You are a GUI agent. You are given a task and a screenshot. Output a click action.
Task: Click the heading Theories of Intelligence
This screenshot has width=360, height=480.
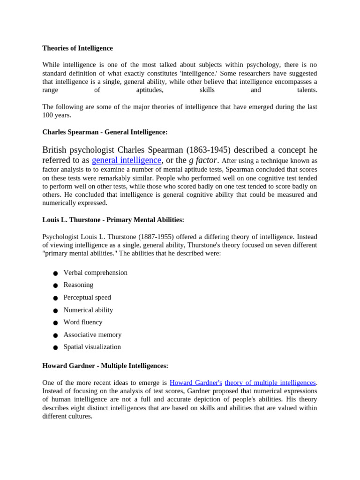pos(77,48)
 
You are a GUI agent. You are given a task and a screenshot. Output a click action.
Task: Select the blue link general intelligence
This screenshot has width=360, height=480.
pos(127,160)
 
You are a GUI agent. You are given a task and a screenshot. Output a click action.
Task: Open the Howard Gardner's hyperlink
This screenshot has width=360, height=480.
pos(195,382)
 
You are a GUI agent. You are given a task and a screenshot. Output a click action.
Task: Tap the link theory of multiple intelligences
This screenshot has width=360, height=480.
pos(270,382)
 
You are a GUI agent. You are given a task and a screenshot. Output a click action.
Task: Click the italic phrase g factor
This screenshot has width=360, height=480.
pos(203,160)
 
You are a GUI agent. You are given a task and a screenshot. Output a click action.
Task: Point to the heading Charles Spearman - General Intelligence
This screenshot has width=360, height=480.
pos(105,132)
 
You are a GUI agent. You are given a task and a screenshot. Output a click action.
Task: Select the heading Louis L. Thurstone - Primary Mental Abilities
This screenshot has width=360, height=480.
pos(113,219)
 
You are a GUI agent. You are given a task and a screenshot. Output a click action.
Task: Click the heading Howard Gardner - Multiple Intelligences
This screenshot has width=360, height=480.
pos(105,366)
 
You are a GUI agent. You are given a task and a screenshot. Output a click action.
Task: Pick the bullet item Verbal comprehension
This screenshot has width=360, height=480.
pos(95,272)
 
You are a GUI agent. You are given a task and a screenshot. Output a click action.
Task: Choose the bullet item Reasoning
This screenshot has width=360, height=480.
pos(78,285)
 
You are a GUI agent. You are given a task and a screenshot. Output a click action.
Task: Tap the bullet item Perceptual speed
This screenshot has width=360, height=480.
pos(87,297)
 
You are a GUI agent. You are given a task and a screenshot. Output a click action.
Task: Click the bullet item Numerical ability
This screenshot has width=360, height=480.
pos(88,310)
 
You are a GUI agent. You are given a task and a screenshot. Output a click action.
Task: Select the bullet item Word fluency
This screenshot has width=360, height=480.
pos(82,322)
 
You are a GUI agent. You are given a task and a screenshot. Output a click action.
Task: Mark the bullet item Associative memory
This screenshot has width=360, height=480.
pos(92,335)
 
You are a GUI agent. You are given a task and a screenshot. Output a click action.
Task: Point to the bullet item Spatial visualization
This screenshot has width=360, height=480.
pos(92,347)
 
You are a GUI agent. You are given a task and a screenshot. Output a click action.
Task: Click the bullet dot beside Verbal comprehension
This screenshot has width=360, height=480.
pos(55,273)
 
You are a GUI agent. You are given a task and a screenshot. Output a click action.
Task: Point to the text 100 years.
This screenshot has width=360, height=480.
pos(57,115)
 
